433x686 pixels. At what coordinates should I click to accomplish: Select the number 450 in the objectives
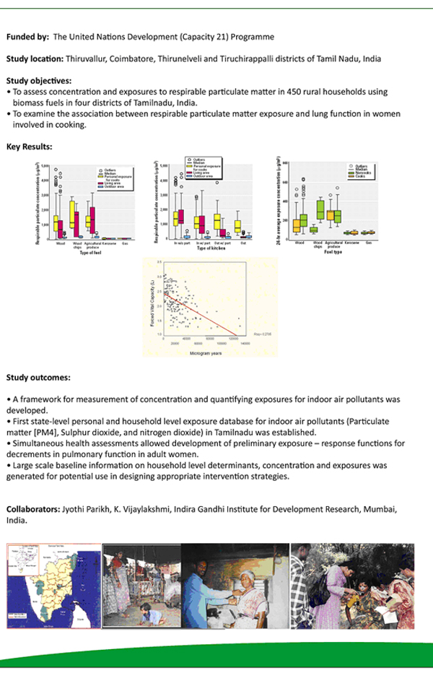click(x=301, y=92)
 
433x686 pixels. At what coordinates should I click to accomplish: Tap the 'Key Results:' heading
click(x=29, y=147)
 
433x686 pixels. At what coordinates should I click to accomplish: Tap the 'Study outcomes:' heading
click(x=38, y=376)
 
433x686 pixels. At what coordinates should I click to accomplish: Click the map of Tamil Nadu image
click(x=54, y=585)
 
